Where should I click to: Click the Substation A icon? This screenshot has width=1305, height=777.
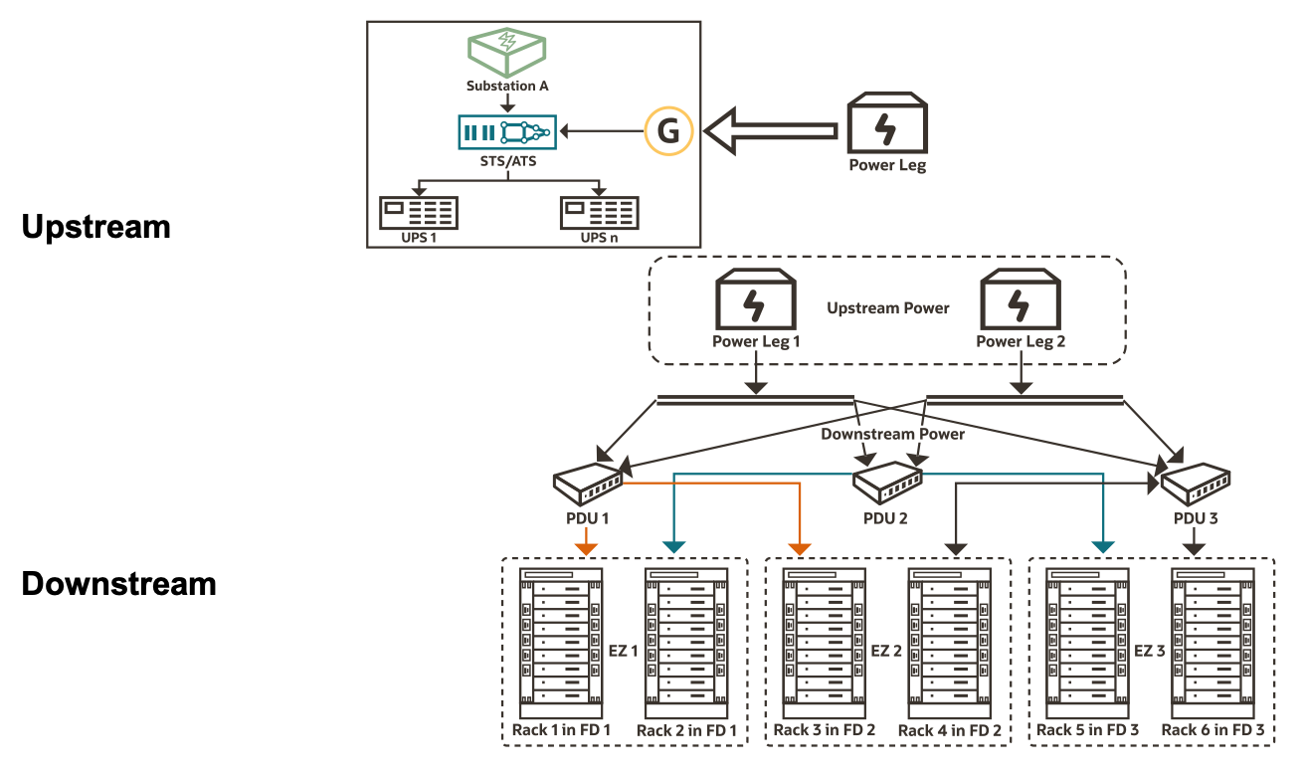(x=507, y=53)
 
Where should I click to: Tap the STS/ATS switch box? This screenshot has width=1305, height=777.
(x=506, y=131)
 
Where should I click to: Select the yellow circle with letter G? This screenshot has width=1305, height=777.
(x=668, y=132)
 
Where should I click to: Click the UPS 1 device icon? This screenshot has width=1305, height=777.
(x=419, y=213)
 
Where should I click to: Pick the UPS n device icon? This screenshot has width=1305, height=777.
(x=599, y=213)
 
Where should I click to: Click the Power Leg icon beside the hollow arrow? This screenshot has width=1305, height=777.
(x=887, y=124)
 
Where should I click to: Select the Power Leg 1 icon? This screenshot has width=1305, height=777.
(x=756, y=298)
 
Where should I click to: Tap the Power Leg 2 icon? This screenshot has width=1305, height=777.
(x=1019, y=298)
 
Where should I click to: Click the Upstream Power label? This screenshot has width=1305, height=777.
(x=888, y=308)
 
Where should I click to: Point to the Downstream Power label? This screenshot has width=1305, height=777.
(x=892, y=434)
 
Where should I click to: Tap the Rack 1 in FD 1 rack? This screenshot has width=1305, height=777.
(x=561, y=645)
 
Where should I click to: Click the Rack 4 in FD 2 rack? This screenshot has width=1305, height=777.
(x=949, y=645)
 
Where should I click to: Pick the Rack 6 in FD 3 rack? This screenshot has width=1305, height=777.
(x=1212, y=645)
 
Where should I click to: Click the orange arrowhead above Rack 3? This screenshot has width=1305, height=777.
(x=799, y=548)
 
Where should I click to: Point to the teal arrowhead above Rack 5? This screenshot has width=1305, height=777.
(x=1103, y=547)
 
